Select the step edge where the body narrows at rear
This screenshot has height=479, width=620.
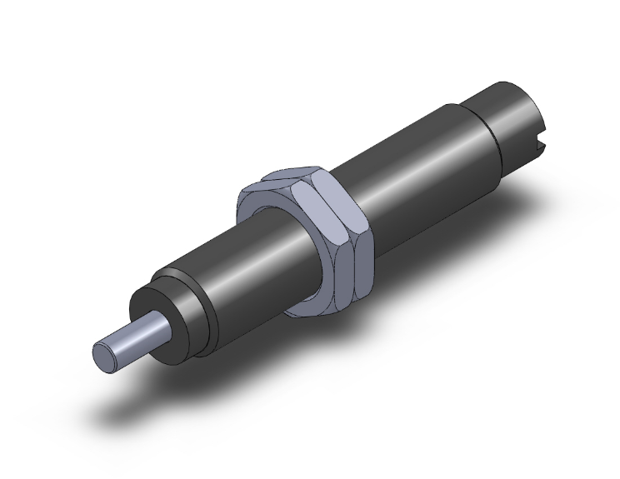click(x=487, y=125)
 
